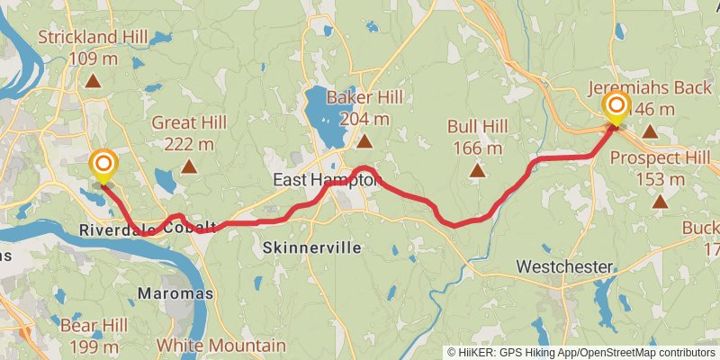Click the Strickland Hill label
tap(93, 48)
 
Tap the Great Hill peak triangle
tap(189, 166)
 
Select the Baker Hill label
tap(364, 107)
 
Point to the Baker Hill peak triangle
tap(364, 142)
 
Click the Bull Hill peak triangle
tap(477, 170)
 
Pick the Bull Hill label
tap(477, 136)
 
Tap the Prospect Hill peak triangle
tap(661, 202)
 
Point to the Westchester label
tap(565, 267)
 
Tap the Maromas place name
tap(175, 293)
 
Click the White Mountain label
tap(220, 345)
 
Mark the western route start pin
tap(103, 166)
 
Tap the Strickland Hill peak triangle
tap(93, 82)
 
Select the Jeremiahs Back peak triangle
tap(650, 132)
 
